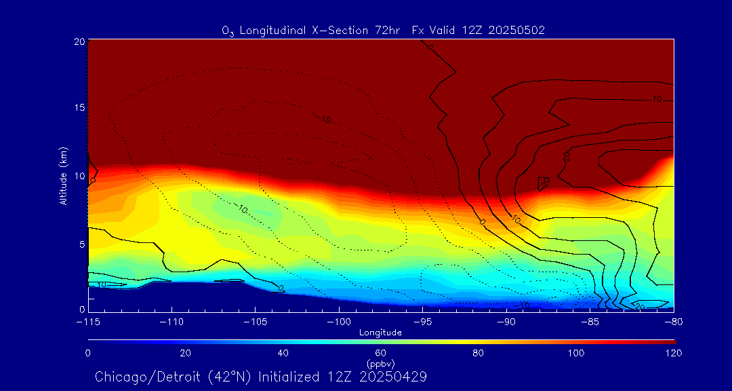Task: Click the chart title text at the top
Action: (x=383, y=30)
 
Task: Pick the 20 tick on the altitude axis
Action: (x=79, y=41)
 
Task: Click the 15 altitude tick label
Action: (x=79, y=109)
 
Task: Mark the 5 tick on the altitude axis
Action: (x=81, y=244)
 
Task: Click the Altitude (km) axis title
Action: (x=63, y=175)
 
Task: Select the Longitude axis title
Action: (x=380, y=333)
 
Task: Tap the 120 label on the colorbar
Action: (x=674, y=353)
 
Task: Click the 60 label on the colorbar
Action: (x=381, y=353)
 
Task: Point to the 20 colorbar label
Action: (x=185, y=353)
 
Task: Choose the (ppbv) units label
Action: (x=380, y=364)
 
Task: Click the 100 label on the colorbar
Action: (x=576, y=353)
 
